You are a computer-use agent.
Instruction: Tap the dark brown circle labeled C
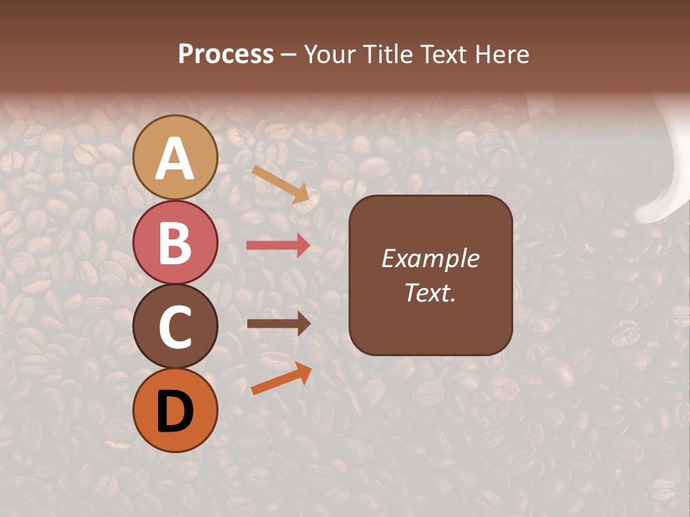175,327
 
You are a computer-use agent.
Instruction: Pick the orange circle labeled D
175,411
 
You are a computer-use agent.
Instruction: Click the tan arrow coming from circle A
281,184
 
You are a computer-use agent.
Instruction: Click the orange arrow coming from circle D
281,378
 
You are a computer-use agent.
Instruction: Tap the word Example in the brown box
431,258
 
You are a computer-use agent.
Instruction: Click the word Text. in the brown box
431,293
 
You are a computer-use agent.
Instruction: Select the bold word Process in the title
226,54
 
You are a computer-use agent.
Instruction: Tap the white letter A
175,159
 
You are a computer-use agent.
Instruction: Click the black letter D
175,411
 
